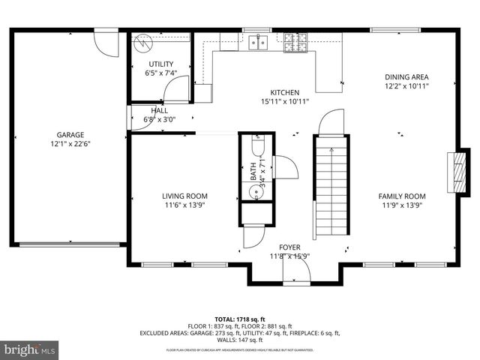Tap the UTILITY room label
tap(160, 64)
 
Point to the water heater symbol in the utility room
tap(142, 43)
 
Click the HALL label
tap(159, 110)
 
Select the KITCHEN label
tap(285, 92)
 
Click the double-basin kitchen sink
tap(260, 43)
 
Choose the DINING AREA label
tap(406, 76)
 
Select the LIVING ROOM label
tap(184, 196)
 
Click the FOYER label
tap(289, 247)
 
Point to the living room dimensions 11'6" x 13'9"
tap(184, 205)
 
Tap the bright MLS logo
tap(30, 349)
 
